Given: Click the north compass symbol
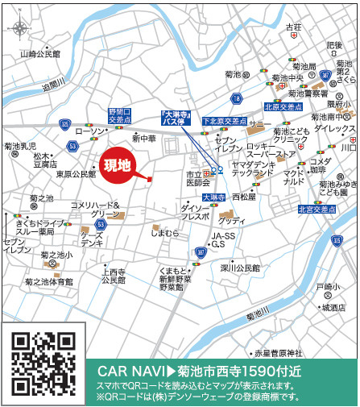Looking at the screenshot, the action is coord(18,28).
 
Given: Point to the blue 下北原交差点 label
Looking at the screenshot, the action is coord(224,121).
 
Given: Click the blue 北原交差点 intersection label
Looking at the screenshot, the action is coord(283,106).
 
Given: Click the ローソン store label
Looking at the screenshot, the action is coord(90,131).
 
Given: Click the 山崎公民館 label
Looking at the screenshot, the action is coord(41,55).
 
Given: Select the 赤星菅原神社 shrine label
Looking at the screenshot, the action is coord(279,352).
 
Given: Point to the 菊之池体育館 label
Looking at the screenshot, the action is coord(48,281).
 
